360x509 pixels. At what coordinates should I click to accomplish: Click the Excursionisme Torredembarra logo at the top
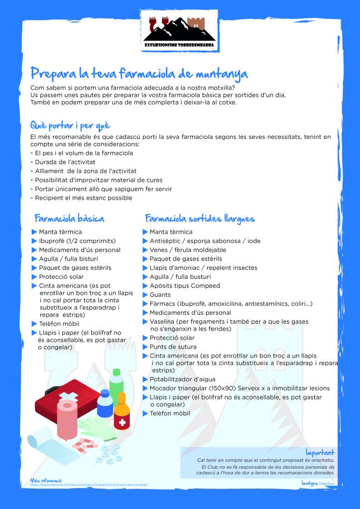click(x=180, y=29)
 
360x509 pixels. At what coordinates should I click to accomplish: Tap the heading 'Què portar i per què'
click(x=70, y=125)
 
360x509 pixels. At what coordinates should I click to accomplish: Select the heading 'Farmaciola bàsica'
click(x=69, y=218)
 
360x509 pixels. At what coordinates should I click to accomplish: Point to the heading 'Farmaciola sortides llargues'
click(x=200, y=218)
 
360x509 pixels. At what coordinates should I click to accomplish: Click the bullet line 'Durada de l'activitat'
click(x=65, y=162)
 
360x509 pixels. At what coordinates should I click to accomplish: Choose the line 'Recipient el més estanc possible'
click(x=83, y=198)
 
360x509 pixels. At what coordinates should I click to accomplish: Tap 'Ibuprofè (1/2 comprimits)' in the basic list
click(x=77, y=241)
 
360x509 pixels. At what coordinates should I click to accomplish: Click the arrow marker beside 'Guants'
click(x=145, y=295)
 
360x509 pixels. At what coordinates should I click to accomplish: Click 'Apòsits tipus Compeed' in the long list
click(x=185, y=286)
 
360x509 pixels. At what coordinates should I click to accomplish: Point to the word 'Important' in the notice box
click(x=320, y=452)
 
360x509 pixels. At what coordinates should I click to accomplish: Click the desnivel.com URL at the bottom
click(x=89, y=485)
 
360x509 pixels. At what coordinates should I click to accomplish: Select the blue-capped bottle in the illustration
click(x=105, y=403)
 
